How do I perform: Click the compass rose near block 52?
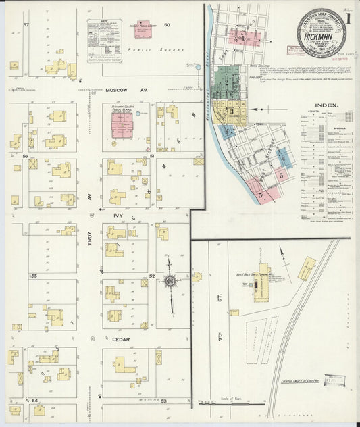[170, 279]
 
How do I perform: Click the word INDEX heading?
[327, 105]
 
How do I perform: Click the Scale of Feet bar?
[230, 403]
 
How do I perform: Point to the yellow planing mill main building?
[261, 282]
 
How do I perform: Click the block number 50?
[166, 25]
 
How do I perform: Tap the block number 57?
[26, 25]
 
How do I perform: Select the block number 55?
[33, 276]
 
